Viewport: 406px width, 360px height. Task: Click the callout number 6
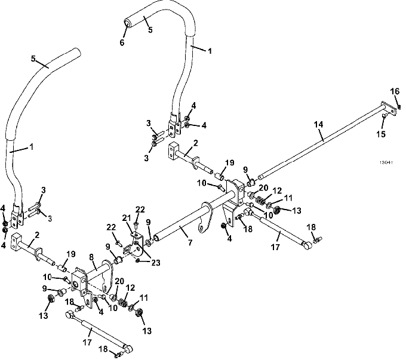click(x=122, y=42)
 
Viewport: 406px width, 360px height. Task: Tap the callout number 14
click(x=318, y=125)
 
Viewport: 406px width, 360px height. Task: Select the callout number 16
click(x=395, y=91)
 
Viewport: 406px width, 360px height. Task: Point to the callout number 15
click(x=381, y=134)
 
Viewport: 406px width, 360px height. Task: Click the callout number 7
click(x=190, y=242)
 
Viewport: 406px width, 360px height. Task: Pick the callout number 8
click(x=91, y=258)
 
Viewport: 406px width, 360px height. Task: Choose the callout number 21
click(x=127, y=219)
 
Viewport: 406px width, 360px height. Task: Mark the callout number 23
click(x=156, y=263)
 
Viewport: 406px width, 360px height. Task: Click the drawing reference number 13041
click(x=386, y=162)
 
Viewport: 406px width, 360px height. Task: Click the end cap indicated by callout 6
click(x=128, y=22)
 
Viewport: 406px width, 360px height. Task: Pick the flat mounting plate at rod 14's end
click(x=389, y=108)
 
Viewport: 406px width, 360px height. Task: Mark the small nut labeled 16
click(x=399, y=106)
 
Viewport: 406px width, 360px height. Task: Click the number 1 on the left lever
click(x=32, y=147)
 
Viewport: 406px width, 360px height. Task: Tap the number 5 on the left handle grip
click(x=33, y=59)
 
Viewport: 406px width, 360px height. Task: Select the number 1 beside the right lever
click(x=210, y=51)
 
